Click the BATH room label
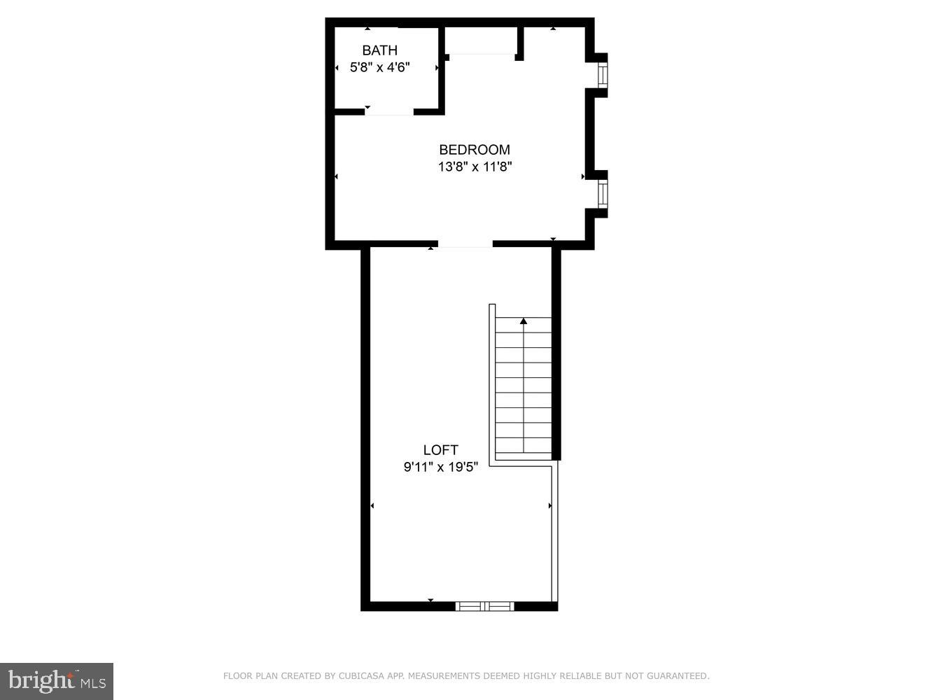(x=379, y=50)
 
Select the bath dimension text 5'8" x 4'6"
(x=379, y=68)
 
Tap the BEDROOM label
(x=475, y=150)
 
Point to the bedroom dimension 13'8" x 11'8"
(x=475, y=167)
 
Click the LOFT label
(x=440, y=450)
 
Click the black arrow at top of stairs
(x=524, y=321)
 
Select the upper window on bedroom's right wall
(x=602, y=74)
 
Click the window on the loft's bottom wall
(x=484, y=606)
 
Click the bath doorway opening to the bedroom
(x=389, y=112)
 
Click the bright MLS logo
(x=57, y=680)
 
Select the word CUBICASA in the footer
(x=356, y=676)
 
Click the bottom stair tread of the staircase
(x=524, y=446)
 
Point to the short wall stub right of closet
(x=520, y=43)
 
